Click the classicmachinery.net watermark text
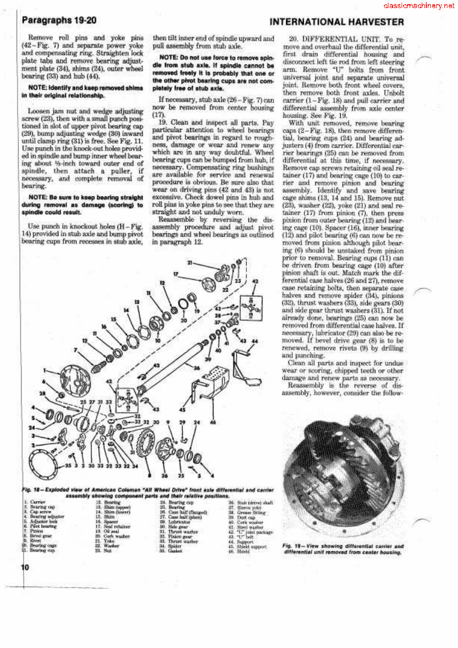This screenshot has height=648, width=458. pyautogui.click(x=418, y=6)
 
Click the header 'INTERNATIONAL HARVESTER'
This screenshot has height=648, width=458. pyautogui.click(x=337, y=22)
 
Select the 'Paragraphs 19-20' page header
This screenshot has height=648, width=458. pyautogui.click(x=59, y=21)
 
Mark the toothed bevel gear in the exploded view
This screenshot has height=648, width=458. pyautogui.click(x=146, y=443)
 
